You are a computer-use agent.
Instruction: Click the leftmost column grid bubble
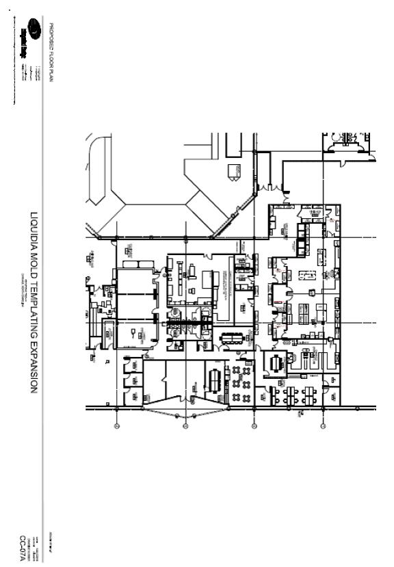pyautogui.click(x=117, y=426)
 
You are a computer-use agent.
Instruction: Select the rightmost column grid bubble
pyautogui.click(x=322, y=426)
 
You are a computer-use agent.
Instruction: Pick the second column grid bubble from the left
pyautogui.click(x=185, y=426)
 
